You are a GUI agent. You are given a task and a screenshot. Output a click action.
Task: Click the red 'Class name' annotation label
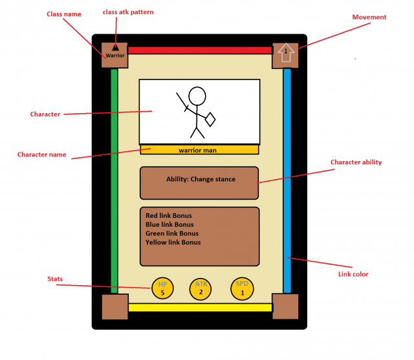coord(64,14)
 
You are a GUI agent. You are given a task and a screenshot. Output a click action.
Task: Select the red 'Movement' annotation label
coord(369,17)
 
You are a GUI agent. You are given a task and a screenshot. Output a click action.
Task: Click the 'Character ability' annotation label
coord(356,162)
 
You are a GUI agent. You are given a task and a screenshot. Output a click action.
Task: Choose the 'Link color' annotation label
coord(353,274)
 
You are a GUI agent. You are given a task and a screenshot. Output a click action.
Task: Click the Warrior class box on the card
coord(114,55)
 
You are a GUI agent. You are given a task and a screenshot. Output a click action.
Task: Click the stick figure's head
coord(197,96)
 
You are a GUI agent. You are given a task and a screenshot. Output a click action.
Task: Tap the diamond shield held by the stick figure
coord(210,120)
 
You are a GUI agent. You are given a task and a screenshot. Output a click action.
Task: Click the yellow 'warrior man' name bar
coord(199,150)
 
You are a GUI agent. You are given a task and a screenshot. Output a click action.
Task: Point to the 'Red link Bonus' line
coord(169,216)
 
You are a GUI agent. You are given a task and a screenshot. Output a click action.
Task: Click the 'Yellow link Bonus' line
coord(173,242)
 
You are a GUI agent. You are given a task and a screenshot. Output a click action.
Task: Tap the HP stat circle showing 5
coord(162,289)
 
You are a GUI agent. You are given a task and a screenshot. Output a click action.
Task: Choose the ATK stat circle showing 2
coord(201,289)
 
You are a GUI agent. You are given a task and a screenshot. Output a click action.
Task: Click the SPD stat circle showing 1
coord(242,289)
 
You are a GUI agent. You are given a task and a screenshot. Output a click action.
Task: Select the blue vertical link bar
coord(287,181)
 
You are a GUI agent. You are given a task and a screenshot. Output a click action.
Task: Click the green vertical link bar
coord(114,181)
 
